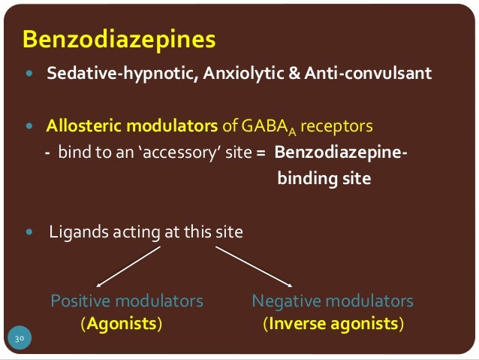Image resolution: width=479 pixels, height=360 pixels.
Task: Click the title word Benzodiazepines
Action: [119, 38]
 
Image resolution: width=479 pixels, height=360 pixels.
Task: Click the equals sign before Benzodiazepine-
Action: [261, 153]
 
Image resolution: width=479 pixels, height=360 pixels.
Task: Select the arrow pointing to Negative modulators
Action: [253, 265]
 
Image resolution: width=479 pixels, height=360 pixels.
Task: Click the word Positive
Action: [78, 301]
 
